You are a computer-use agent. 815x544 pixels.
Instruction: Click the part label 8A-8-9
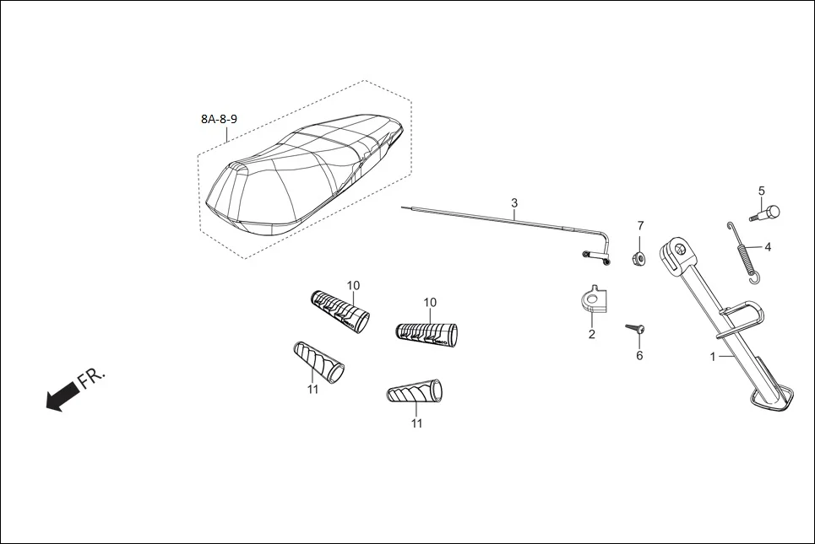click(x=219, y=119)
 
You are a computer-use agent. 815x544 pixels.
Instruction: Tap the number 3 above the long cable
click(x=513, y=203)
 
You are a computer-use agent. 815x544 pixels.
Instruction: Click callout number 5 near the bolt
click(x=761, y=191)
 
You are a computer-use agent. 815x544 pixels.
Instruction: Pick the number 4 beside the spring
click(x=768, y=248)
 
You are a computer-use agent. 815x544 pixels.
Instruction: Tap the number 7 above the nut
click(x=640, y=226)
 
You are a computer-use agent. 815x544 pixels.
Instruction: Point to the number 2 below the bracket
click(x=591, y=334)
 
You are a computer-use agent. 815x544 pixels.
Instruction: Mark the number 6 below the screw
click(x=639, y=355)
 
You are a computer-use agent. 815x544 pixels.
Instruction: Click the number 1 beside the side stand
click(x=713, y=357)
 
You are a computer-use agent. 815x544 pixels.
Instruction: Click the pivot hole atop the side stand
click(x=677, y=249)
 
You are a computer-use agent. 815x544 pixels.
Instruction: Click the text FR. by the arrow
click(x=93, y=377)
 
